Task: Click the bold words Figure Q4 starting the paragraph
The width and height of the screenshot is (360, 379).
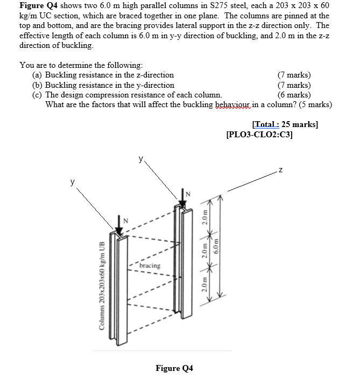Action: click(x=38, y=5)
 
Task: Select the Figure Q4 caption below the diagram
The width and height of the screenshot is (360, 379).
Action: click(x=174, y=368)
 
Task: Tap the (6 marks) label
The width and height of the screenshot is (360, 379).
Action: click(x=294, y=95)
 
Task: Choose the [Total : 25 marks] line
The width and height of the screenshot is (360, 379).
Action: click(x=285, y=124)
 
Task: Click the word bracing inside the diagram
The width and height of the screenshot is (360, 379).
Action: click(x=149, y=265)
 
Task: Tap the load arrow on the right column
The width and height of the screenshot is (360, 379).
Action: click(x=182, y=198)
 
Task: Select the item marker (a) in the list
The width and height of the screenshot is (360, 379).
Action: click(x=38, y=75)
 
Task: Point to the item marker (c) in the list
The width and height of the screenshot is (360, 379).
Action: click(x=38, y=95)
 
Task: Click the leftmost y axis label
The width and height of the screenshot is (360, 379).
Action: click(x=72, y=183)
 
